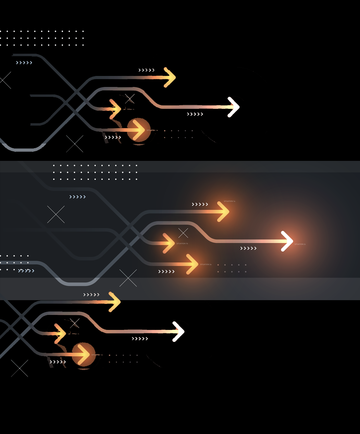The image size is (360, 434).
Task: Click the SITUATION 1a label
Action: click(x=229, y=201)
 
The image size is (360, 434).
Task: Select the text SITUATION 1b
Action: click(x=182, y=244)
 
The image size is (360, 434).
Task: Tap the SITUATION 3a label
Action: click(x=206, y=265)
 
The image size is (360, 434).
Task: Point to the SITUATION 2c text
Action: click(x=300, y=244)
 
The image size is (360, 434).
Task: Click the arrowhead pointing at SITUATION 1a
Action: click(x=223, y=212)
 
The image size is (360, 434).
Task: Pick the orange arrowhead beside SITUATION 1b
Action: click(x=169, y=243)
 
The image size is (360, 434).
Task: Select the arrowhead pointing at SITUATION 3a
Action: click(x=193, y=264)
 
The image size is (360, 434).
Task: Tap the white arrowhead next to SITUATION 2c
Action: click(x=287, y=241)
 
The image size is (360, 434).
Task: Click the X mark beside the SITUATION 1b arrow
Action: click(x=183, y=233)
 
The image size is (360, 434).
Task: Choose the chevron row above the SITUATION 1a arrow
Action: click(x=200, y=204)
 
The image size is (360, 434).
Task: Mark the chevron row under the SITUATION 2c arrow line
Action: click(x=248, y=248)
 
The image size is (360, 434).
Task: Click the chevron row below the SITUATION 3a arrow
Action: click(x=166, y=272)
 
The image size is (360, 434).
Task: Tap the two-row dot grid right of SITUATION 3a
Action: click(x=232, y=268)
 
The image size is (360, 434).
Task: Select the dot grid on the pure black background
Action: click(x=42, y=38)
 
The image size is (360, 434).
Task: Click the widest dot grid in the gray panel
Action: click(x=95, y=172)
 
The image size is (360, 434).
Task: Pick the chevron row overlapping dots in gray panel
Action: click(x=26, y=271)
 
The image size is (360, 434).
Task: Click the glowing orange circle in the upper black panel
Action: click(x=139, y=130)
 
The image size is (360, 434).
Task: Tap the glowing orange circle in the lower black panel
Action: click(x=84, y=355)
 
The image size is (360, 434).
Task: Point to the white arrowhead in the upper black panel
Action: click(x=234, y=107)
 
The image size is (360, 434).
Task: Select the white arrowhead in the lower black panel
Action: click(x=178, y=331)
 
